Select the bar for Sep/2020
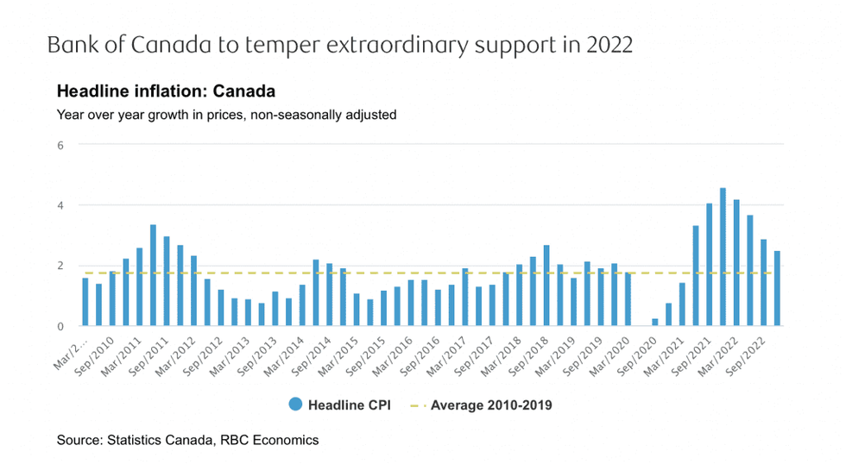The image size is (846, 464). [654, 323]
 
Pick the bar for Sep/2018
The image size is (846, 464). [546, 285]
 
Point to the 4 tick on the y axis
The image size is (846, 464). [60, 205]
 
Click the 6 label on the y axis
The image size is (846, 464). [60, 145]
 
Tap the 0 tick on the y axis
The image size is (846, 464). [60, 326]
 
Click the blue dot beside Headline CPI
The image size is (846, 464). [296, 404]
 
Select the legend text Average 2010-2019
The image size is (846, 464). [491, 404]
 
